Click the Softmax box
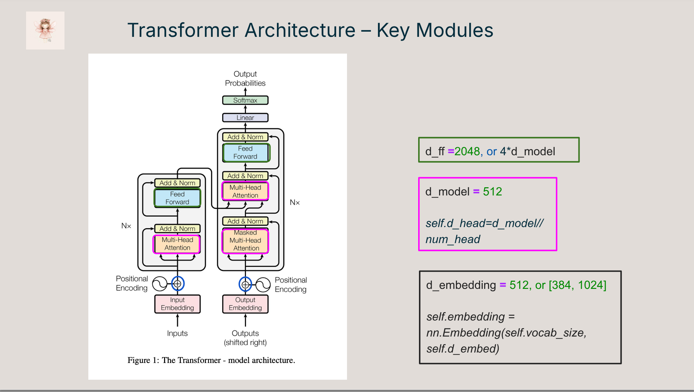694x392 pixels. pos(245,100)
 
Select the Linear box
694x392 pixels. pos(245,118)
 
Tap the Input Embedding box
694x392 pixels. pos(177,304)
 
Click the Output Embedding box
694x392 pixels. pos(245,304)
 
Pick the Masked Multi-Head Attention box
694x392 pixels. pos(245,240)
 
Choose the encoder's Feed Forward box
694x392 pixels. pos(177,198)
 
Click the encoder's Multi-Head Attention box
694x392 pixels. pos(177,244)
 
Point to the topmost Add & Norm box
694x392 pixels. pos(245,137)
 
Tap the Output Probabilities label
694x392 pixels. pos(245,79)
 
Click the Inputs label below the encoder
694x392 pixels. pos(177,333)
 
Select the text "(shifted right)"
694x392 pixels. pos(245,342)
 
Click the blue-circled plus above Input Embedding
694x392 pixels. pos(178,284)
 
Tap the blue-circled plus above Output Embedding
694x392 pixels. pos(245,284)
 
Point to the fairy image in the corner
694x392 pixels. pos(45,31)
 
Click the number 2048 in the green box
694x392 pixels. pos(467,152)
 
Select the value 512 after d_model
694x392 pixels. pos(492,192)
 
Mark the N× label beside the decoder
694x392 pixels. pos(295,203)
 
